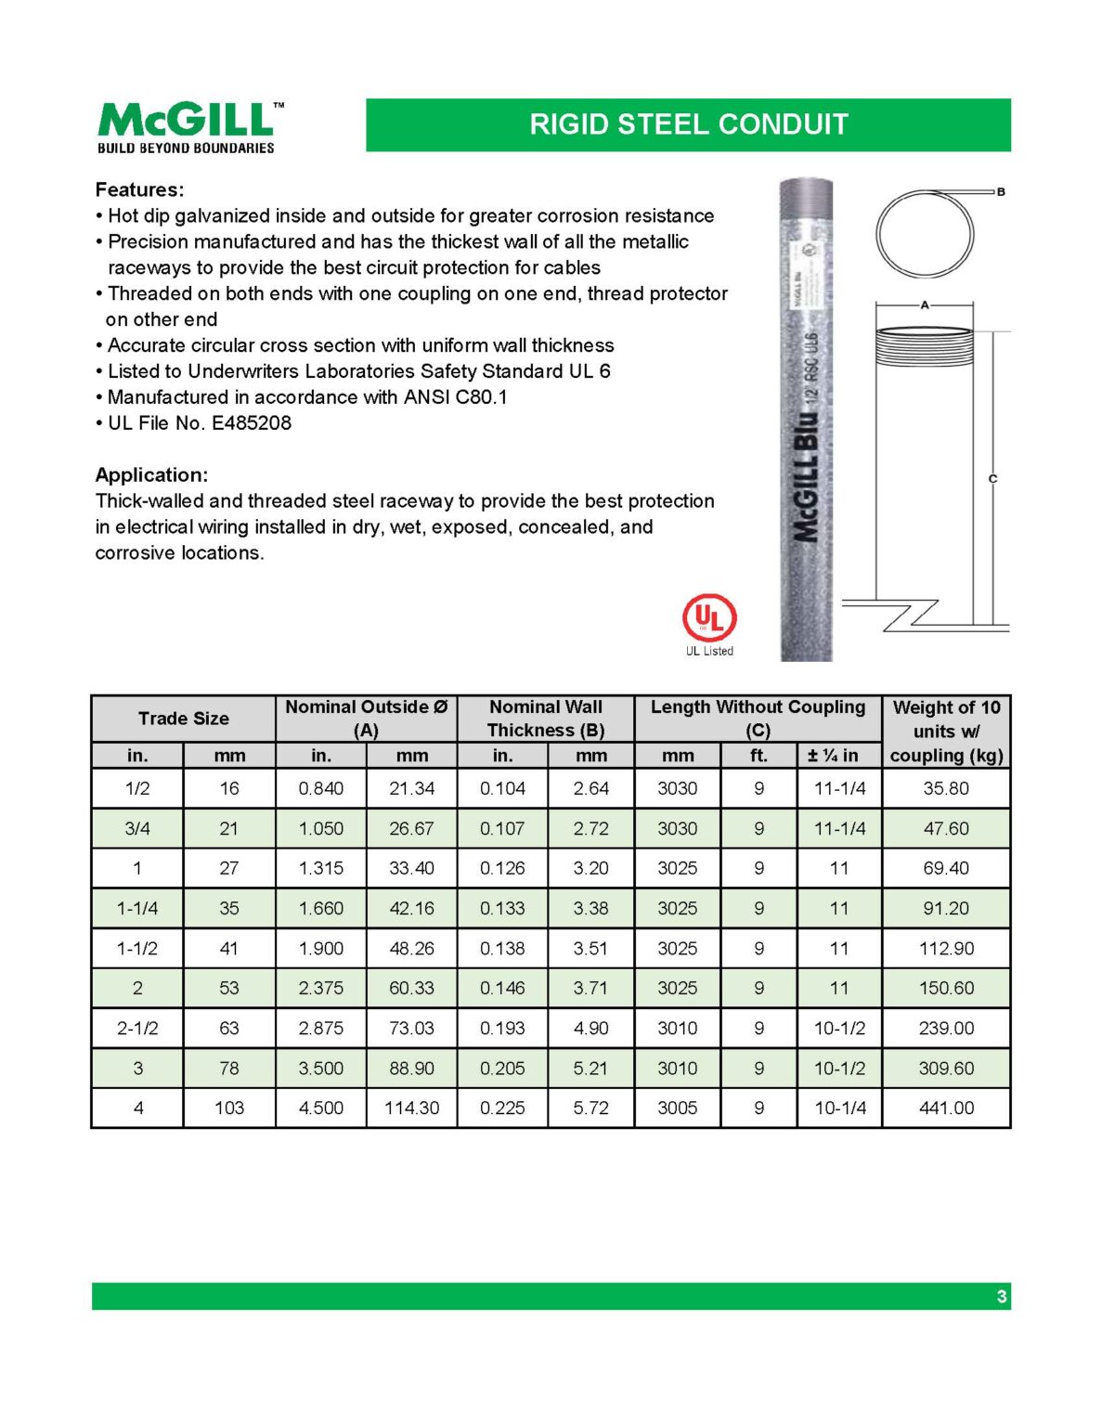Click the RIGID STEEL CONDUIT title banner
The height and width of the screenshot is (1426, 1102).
[688, 124]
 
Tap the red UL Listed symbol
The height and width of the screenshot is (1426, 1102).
[709, 618]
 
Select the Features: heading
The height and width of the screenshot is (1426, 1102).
[139, 189]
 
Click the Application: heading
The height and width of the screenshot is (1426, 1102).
[151, 474]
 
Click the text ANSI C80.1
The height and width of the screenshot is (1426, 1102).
[455, 397]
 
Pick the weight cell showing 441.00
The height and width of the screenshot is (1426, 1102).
[946, 1108]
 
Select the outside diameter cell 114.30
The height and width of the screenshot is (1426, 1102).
[411, 1108]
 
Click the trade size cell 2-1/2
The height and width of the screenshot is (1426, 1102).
[137, 1029]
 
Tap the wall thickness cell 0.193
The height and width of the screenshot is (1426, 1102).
[502, 1029]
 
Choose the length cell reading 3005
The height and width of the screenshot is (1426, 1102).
[677, 1108]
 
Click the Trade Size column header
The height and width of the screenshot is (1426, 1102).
[183, 719]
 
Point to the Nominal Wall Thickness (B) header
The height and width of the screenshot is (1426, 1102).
[545, 719]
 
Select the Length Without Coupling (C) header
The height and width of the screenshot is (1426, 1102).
[758, 719]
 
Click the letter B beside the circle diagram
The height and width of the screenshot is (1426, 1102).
[1001, 192]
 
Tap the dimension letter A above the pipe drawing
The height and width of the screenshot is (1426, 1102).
[925, 305]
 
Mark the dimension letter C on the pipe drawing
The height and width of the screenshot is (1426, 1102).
[992, 479]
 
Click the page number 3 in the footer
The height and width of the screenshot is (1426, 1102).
[1001, 1296]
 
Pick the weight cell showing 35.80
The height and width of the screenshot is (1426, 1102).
[946, 789]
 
